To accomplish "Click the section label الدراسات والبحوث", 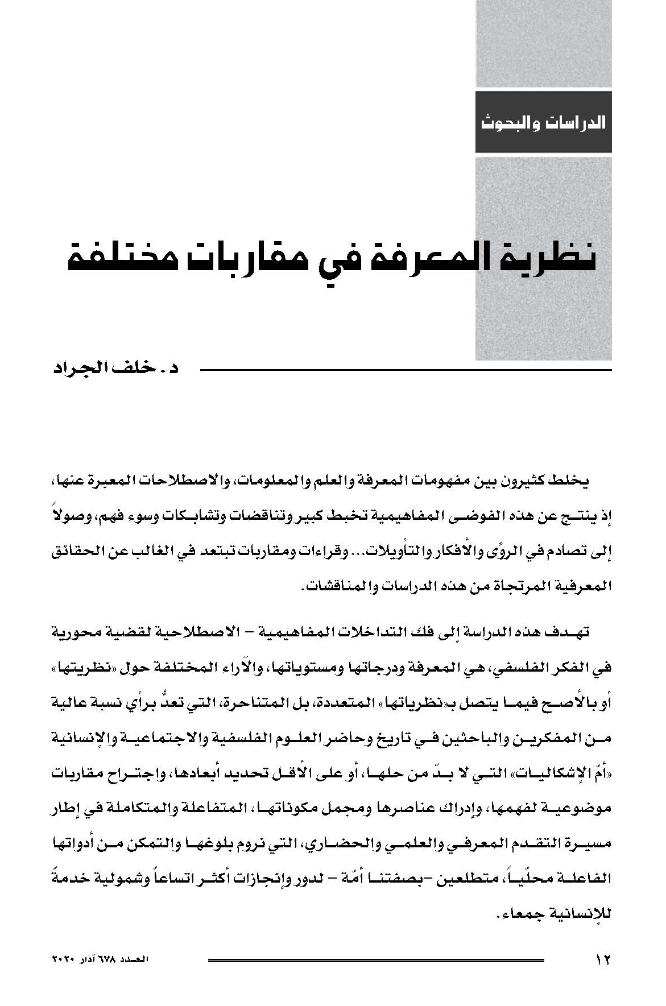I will [543, 122].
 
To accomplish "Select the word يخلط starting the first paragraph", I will [574, 481].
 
